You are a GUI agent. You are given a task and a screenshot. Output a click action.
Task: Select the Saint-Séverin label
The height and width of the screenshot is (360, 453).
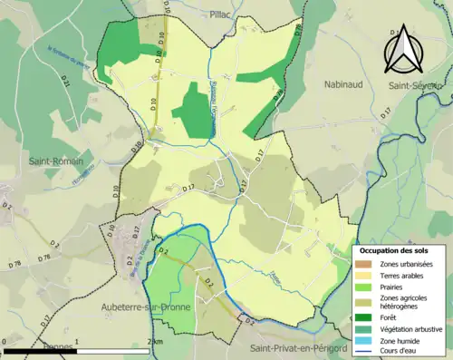click(413, 85)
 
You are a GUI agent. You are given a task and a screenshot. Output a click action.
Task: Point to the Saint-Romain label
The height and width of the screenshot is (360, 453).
click(55, 161)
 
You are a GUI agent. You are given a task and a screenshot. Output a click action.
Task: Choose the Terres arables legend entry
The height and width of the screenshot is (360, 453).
click(402, 274)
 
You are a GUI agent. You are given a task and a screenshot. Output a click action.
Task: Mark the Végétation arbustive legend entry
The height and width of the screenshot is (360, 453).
click(410, 329)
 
